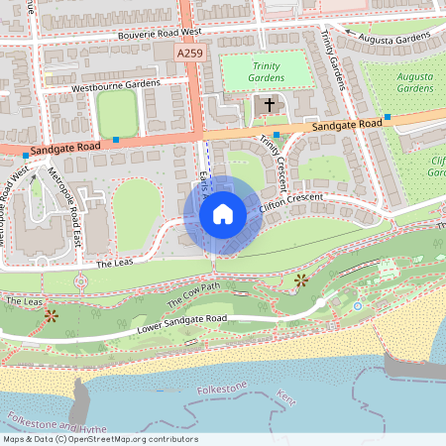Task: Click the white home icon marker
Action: click(x=223, y=213)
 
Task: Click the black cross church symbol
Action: click(x=269, y=104)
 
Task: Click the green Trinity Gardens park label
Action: click(x=265, y=71)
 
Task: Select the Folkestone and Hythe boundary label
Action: click(x=55, y=422)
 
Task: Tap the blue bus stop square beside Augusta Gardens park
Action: click(x=388, y=117)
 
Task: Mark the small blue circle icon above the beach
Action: click(x=357, y=306)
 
